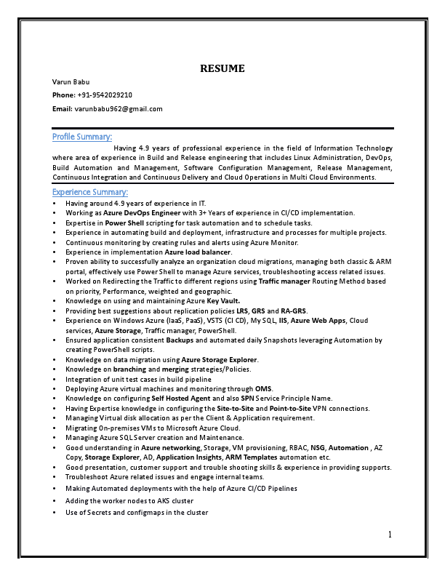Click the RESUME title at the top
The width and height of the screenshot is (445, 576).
(222, 69)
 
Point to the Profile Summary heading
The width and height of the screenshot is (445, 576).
(82, 137)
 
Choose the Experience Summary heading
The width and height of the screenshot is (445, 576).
(90, 193)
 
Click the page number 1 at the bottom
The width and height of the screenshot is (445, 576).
(390, 535)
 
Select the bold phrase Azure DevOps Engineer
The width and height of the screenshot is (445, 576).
(142, 213)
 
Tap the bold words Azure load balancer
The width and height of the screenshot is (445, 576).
(198, 252)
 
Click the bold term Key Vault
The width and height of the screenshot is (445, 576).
(223, 300)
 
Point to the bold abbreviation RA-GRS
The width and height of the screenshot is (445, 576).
(293, 311)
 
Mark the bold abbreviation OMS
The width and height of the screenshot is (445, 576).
(262, 389)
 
